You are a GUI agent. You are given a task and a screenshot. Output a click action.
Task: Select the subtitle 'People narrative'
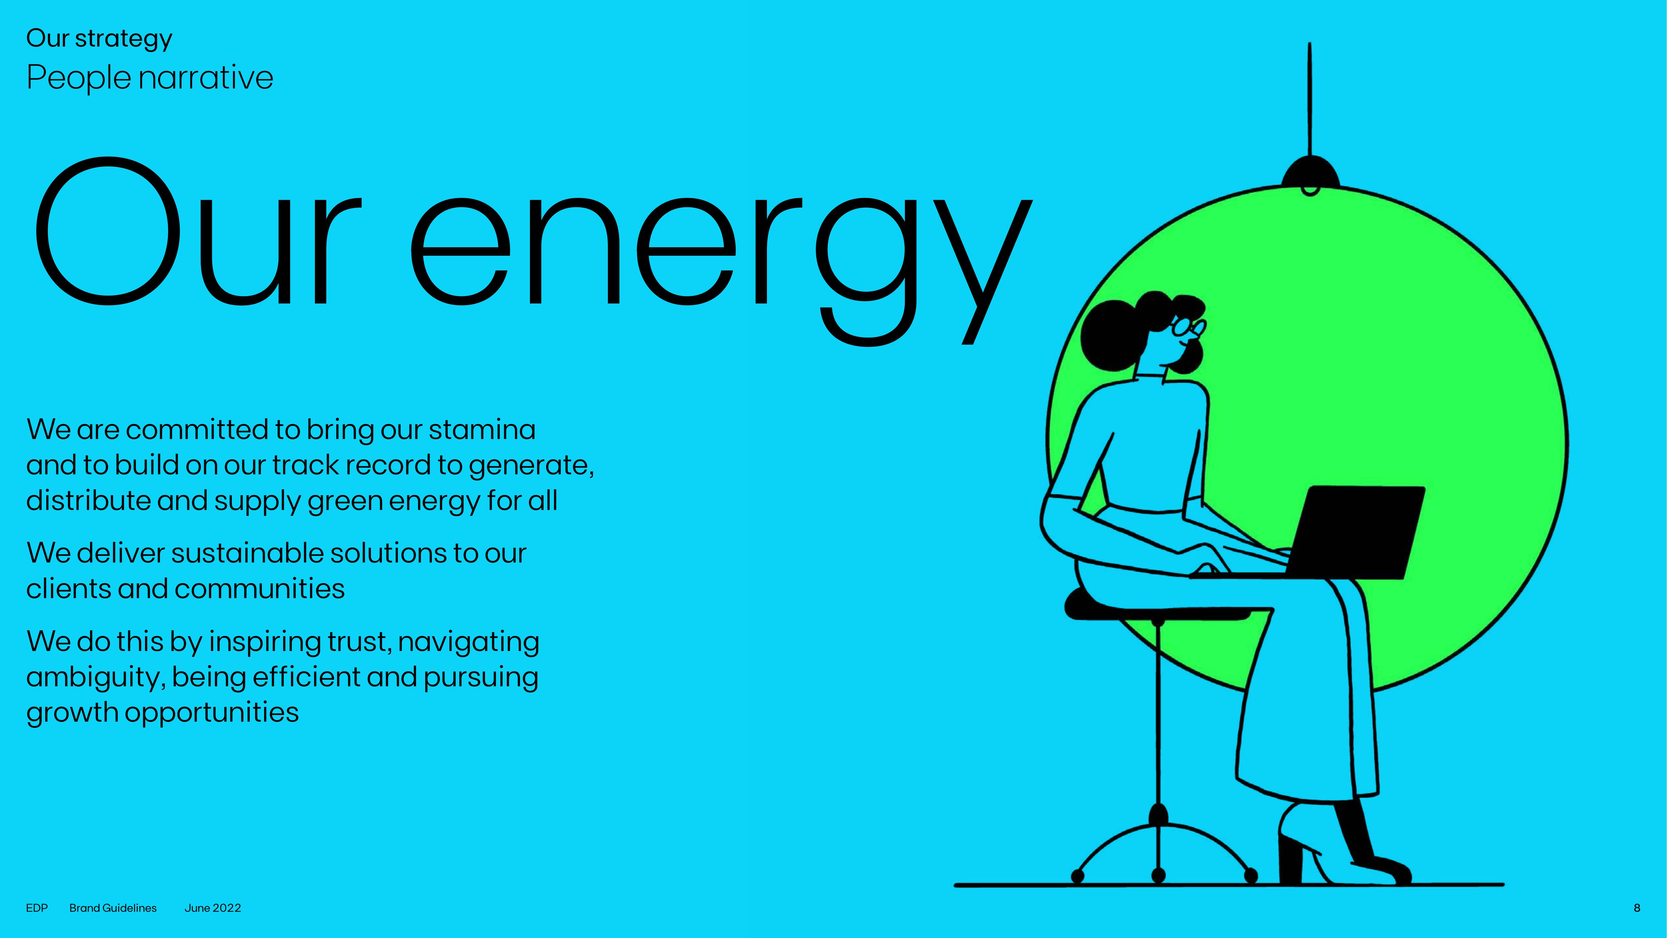coord(149,78)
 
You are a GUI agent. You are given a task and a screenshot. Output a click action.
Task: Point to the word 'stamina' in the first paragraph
coord(482,430)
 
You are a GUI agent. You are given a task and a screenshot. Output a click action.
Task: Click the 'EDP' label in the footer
coord(37,908)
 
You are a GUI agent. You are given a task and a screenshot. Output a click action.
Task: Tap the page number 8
coord(1637,908)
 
